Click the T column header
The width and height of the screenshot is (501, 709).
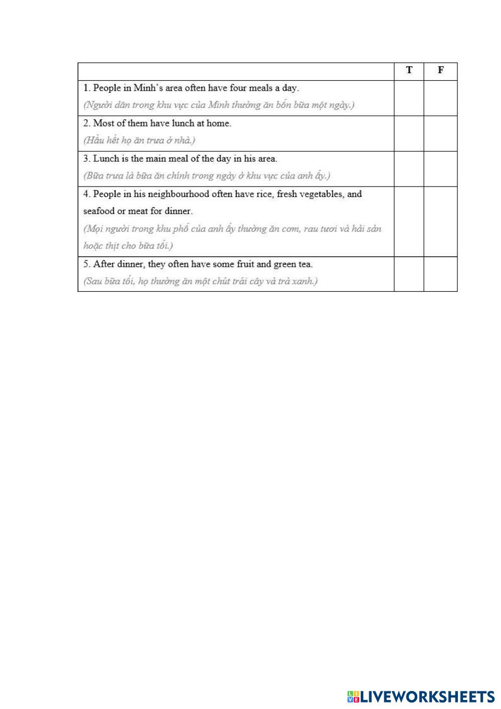coord(409,70)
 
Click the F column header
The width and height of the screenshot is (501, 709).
coord(440,70)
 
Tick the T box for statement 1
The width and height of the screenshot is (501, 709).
coord(409,98)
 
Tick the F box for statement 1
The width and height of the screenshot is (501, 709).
coord(440,98)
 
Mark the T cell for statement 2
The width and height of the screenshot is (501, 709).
coord(409,133)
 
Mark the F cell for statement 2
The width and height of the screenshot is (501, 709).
coord(440,133)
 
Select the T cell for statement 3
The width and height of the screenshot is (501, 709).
coord(409,169)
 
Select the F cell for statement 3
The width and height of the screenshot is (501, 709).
coord(440,169)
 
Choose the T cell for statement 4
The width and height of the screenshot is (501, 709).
coord(409,222)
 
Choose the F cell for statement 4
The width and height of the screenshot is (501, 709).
coord(440,222)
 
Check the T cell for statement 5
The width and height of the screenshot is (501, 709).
coord(409,274)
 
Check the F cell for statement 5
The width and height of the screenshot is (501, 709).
coord(440,274)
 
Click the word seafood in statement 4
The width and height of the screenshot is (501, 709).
coord(99,211)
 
